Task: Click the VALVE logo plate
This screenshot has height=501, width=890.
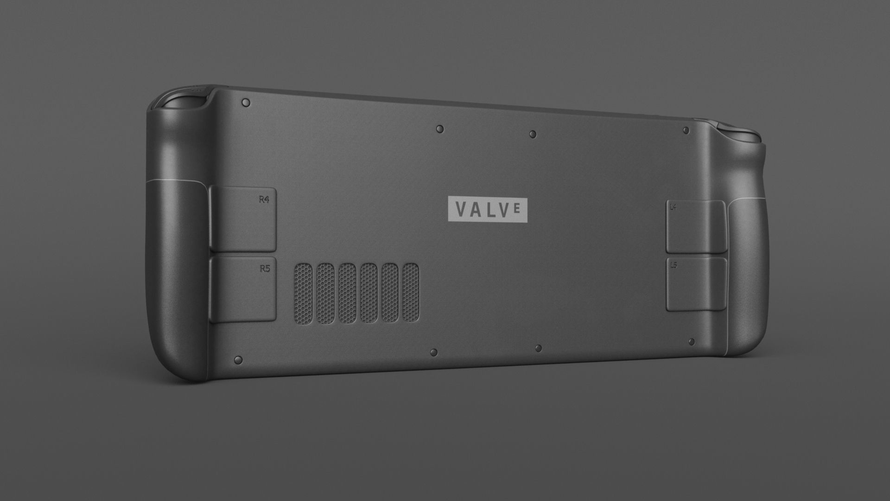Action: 488,209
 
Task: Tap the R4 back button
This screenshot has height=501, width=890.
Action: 243,219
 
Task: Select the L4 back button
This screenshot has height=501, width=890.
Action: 695,226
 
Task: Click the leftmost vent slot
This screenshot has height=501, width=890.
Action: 304,293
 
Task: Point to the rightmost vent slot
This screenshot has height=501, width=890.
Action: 410,293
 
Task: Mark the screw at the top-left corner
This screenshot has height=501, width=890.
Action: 246,103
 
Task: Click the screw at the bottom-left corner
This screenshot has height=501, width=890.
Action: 239,360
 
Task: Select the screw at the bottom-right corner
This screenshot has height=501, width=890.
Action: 692,342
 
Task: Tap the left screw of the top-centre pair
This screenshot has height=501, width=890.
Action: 440,128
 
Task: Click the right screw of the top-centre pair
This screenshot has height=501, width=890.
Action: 533,134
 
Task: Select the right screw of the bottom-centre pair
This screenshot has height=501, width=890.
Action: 538,347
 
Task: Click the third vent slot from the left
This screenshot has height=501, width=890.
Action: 347,293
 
